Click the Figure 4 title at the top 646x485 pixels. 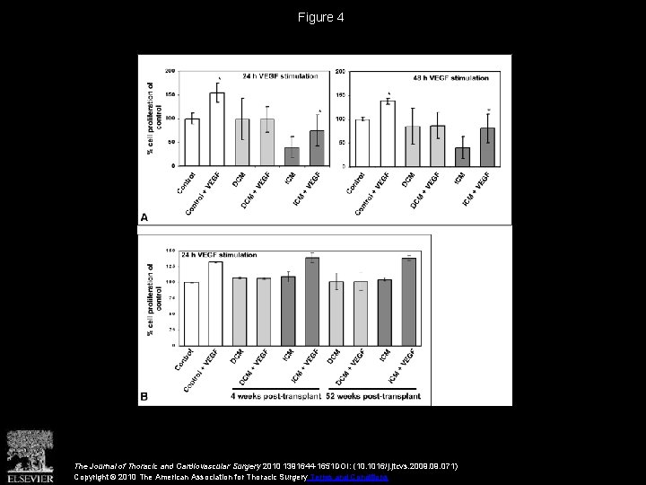tap(322, 17)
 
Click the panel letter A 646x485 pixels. tap(144, 216)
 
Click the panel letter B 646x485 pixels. tap(144, 396)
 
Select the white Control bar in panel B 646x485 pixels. tap(191, 313)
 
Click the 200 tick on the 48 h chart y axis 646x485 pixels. tap(341, 71)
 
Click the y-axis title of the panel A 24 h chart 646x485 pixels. tap(150, 119)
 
